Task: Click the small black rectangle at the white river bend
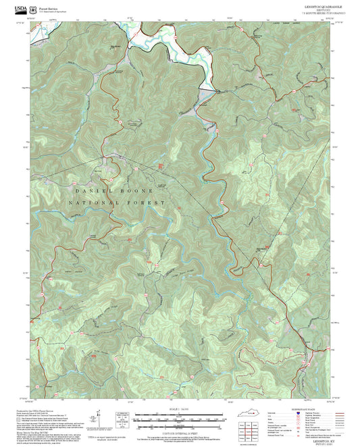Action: click(217, 90)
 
